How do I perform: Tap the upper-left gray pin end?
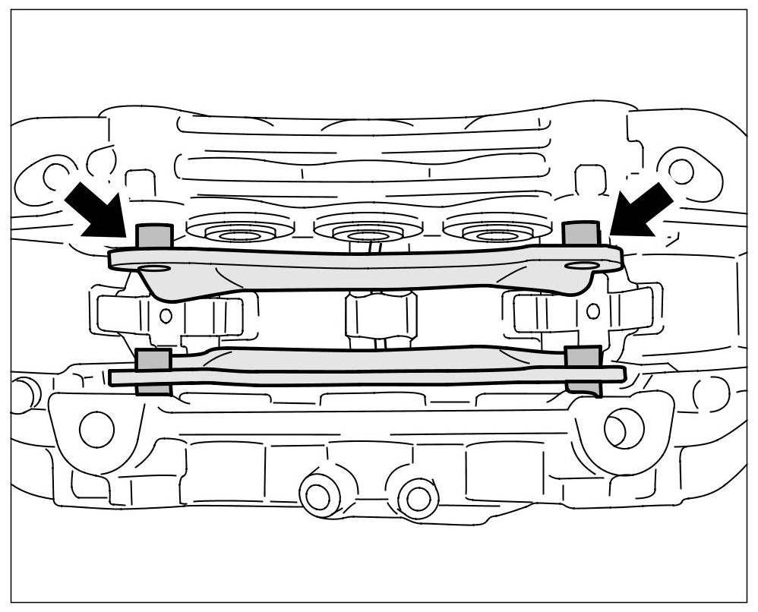tap(153, 236)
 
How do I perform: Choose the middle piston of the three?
tap(368, 229)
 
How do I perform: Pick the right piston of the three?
tap(497, 229)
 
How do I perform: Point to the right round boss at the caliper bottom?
tap(417, 497)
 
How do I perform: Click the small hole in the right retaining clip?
tap(593, 311)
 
